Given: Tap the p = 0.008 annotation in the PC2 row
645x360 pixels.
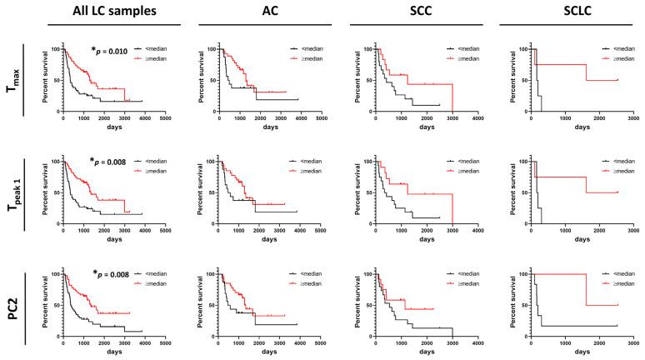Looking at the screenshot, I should [111, 272].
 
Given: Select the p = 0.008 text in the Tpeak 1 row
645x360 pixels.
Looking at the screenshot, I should [111, 162].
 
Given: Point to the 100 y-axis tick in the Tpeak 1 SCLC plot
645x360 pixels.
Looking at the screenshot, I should [522, 161].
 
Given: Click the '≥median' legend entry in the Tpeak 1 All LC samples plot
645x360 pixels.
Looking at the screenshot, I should [156, 171].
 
